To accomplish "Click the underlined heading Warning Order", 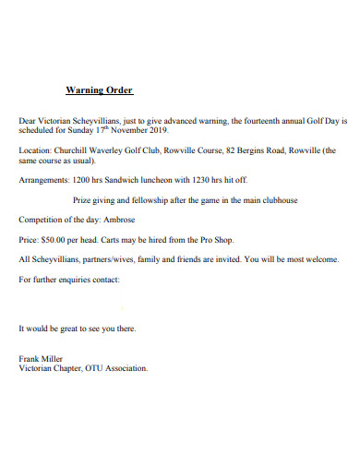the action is [100, 90].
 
